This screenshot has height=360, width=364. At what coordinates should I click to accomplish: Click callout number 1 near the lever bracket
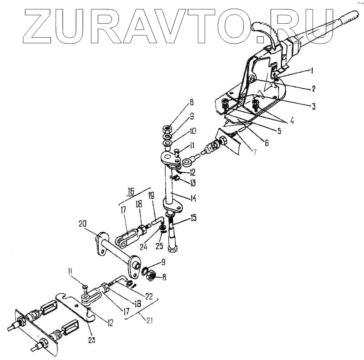313,70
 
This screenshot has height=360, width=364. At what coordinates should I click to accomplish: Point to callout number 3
313,106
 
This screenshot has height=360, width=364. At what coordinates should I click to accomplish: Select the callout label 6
267,143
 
